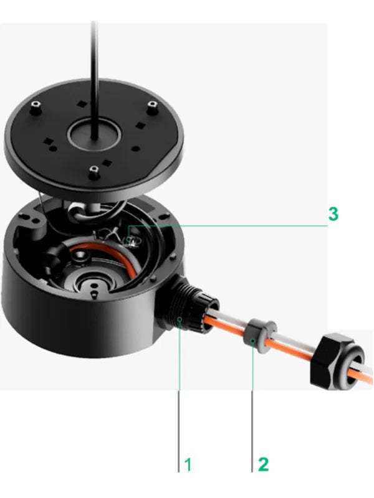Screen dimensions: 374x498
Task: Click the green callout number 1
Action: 188,464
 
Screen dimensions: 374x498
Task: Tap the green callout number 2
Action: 263,464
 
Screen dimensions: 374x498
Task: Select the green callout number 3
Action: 333,214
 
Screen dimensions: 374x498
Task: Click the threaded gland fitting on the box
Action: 187,306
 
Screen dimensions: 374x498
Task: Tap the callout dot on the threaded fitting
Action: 180,319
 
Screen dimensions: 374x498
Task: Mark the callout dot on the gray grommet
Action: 253,341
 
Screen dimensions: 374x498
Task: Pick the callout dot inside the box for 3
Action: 128,238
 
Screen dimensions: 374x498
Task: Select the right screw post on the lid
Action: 153,106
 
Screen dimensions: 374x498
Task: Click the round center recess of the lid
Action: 95,135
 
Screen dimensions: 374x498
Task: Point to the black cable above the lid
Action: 93,80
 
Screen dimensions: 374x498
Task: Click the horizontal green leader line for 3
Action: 228,225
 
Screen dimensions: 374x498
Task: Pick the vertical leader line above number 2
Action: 252,406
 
